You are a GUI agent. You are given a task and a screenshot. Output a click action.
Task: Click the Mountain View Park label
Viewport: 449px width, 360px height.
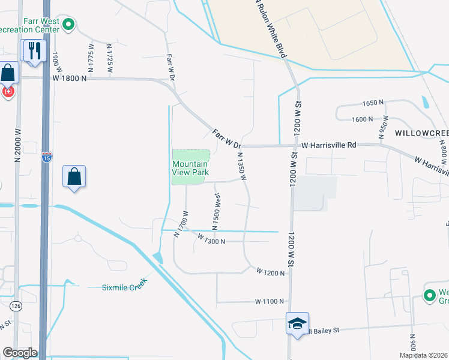(190, 168)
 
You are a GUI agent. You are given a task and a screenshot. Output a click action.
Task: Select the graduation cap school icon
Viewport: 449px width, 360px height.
(297, 324)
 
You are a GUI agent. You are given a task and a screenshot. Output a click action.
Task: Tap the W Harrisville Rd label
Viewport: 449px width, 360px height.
(329, 145)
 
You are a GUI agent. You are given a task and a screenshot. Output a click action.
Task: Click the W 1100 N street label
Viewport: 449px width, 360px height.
(268, 301)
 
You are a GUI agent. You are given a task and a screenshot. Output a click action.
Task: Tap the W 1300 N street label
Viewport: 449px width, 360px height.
(211, 241)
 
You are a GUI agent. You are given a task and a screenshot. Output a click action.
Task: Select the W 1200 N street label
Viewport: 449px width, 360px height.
(270, 272)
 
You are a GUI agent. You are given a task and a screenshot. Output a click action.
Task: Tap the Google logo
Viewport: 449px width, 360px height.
(19, 353)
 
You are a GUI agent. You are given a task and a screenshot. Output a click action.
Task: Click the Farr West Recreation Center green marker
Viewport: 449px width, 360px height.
(68, 25)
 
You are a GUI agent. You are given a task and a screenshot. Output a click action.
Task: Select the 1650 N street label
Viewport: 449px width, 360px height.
(372, 103)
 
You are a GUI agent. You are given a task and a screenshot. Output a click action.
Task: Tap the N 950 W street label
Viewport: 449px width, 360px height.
(382, 127)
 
